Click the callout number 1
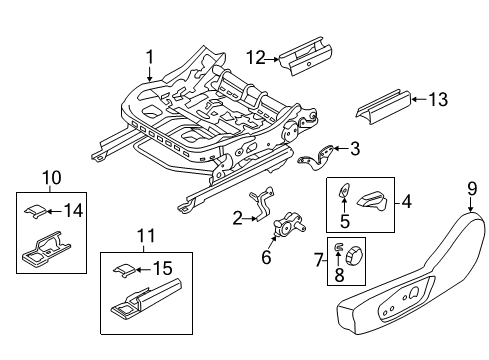pos(150,57)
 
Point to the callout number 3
pos(354,148)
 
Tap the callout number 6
pos(266,256)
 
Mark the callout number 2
pos(237,219)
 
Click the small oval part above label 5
pos(345,193)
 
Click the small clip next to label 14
pos(35,209)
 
